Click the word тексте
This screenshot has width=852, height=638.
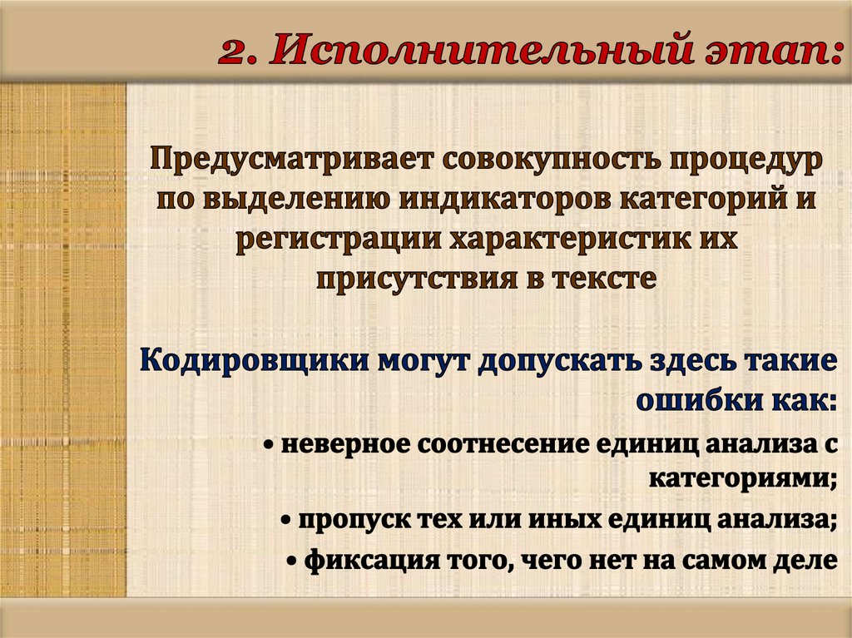click(x=603, y=278)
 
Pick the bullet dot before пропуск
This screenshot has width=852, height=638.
click(x=285, y=521)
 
